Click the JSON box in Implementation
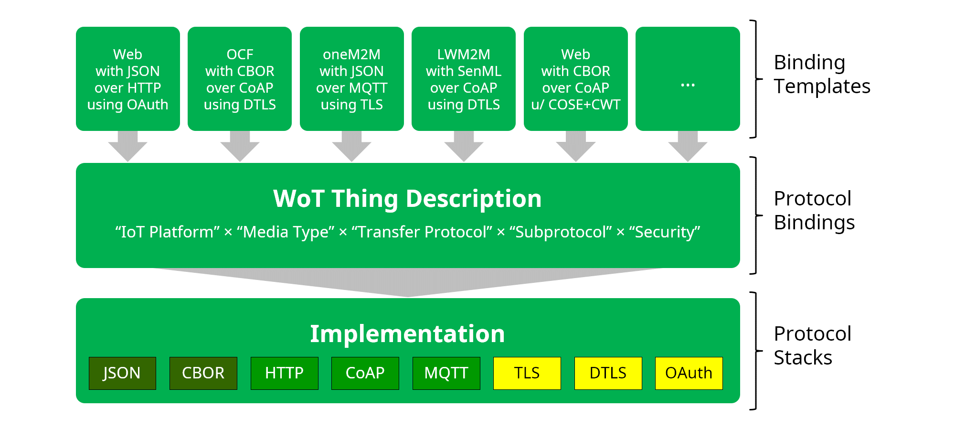pyautogui.click(x=122, y=373)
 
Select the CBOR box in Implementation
pyautogui.click(x=203, y=373)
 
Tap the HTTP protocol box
pyautogui.click(x=284, y=373)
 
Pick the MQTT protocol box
pyautogui.click(x=446, y=373)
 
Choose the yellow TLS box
pyautogui.click(x=527, y=373)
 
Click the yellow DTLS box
pyautogui.click(x=608, y=373)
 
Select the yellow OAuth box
pyautogui.click(x=689, y=373)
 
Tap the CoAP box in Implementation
pyautogui.click(x=365, y=373)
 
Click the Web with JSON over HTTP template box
pyautogui.click(x=128, y=79)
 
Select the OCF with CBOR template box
pyautogui.click(x=240, y=79)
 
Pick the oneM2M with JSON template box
pyautogui.click(x=352, y=79)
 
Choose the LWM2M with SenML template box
pyautogui.click(x=464, y=79)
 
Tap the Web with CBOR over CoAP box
pyautogui.click(x=576, y=79)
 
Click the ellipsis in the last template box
pyautogui.click(x=688, y=85)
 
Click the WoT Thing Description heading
pyautogui.click(x=407, y=199)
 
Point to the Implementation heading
pyautogui.click(x=407, y=333)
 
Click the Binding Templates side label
pyautogui.click(x=822, y=74)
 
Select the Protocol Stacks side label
pyautogui.click(x=812, y=345)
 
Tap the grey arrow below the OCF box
pyautogui.click(x=240, y=147)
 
